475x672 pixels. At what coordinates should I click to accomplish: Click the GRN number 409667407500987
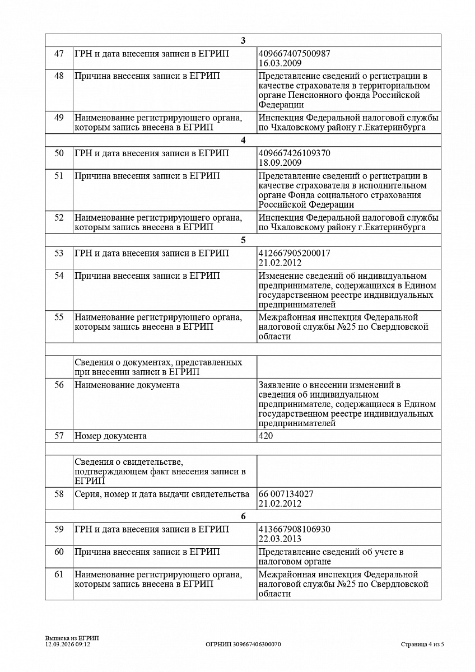point(294,54)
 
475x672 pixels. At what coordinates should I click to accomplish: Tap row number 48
point(59,76)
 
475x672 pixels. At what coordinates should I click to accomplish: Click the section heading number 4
point(243,140)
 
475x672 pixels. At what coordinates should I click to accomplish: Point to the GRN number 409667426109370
point(294,153)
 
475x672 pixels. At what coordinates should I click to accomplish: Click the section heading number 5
point(243,240)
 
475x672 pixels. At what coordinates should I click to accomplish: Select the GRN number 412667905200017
point(294,253)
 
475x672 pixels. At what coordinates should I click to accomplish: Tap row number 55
point(59,318)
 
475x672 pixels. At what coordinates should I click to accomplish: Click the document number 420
point(266,436)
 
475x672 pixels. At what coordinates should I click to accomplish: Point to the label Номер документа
point(110,436)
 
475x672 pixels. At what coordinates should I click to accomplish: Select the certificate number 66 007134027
point(286,494)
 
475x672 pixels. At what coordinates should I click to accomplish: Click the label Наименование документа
point(127,385)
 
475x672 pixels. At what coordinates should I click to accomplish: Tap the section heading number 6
point(243,516)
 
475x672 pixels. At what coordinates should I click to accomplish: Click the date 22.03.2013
point(280,539)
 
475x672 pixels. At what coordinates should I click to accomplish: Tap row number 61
point(59,575)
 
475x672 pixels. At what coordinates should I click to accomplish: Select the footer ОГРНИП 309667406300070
point(243,645)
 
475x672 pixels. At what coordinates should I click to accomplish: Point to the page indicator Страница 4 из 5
point(422,645)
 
